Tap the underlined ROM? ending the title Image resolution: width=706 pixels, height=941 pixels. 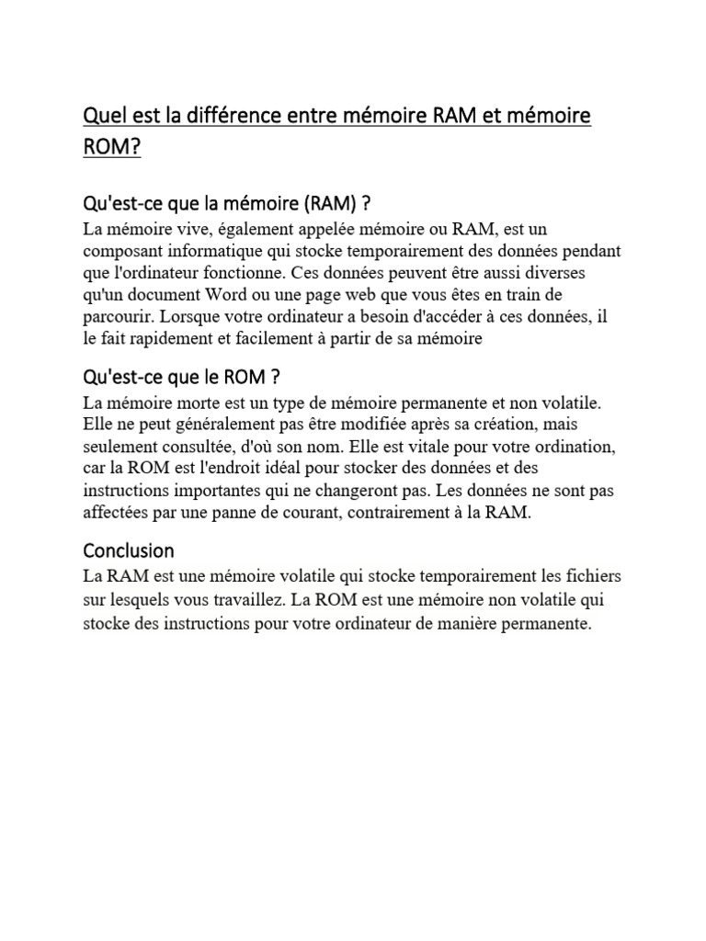point(112,148)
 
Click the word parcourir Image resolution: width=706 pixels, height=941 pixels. point(117,317)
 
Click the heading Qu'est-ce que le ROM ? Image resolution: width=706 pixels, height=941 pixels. point(181,378)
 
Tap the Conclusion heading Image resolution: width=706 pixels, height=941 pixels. point(129,551)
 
